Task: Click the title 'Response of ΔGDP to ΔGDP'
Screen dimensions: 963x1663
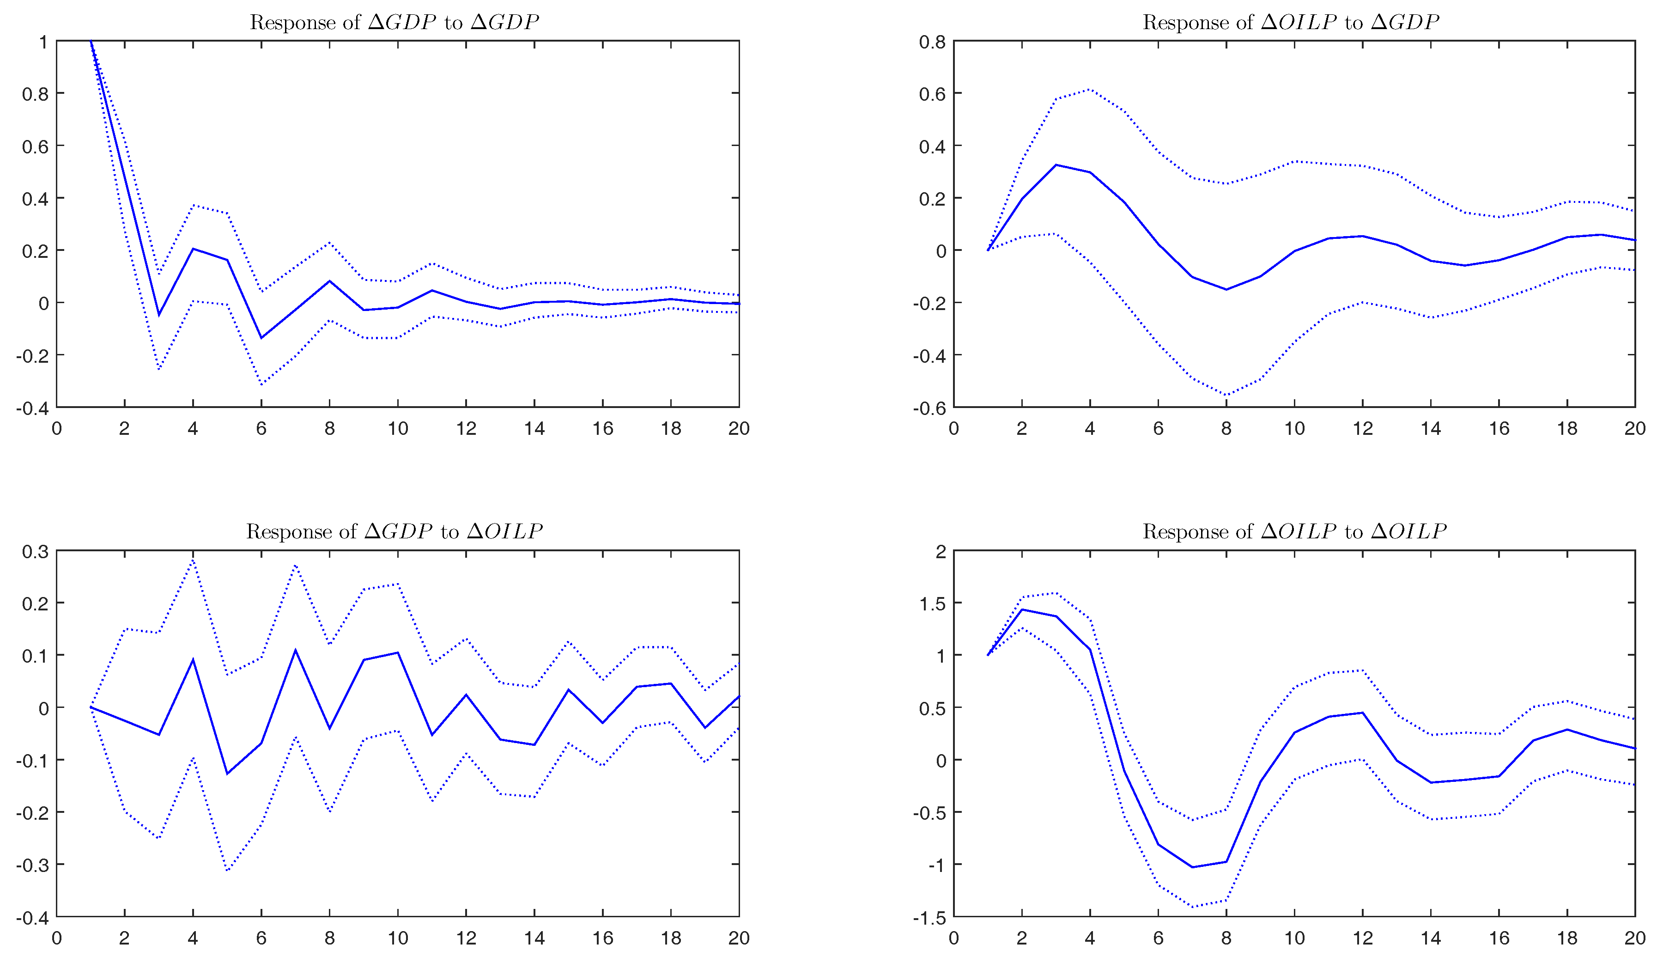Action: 394,23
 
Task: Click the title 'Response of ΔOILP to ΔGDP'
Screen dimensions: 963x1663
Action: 1291,23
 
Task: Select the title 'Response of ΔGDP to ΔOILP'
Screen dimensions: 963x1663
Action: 394,532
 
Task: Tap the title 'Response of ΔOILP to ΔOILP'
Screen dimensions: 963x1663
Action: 1294,532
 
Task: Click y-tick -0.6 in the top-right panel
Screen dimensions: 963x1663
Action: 929,408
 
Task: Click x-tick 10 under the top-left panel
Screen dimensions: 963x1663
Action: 398,429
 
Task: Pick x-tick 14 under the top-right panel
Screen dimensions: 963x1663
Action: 1430,429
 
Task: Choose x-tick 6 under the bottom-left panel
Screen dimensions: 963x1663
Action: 261,939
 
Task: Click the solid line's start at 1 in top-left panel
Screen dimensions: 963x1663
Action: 91,41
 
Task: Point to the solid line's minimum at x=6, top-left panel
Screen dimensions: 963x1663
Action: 261,338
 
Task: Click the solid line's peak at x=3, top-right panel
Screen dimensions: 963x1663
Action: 1056,165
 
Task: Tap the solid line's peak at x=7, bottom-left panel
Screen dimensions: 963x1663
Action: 296,651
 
